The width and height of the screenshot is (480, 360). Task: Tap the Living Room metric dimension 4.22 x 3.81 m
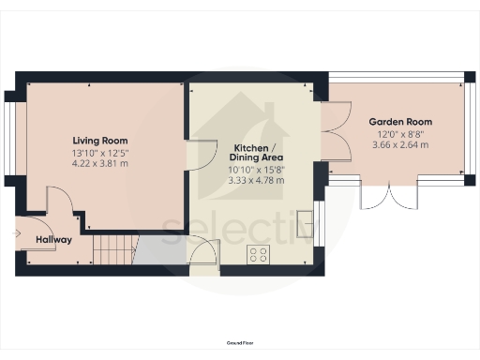(x=99, y=163)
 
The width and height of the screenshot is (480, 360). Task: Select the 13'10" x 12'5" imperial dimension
(x=99, y=153)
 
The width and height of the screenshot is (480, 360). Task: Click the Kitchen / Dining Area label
(x=254, y=154)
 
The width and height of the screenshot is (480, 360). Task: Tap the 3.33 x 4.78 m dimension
(x=254, y=179)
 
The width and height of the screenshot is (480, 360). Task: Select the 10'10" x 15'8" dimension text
(x=254, y=169)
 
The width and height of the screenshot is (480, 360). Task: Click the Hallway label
(x=53, y=240)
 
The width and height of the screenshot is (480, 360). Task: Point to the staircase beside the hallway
(x=113, y=249)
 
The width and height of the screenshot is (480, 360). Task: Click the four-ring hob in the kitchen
(x=259, y=253)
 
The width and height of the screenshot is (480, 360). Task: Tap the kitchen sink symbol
(x=306, y=223)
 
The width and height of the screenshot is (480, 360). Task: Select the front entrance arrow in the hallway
(x=20, y=233)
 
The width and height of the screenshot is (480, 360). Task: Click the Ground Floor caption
(x=239, y=345)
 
